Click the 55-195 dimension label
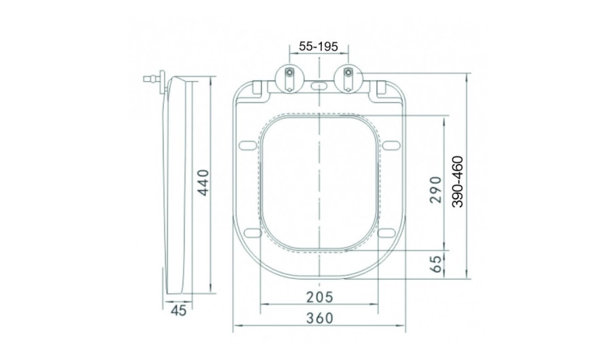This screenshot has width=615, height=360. [318, 46]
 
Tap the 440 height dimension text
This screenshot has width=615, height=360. [203, 182]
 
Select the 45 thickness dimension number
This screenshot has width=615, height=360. [178, 310]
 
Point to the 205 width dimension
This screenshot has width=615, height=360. [319, 297]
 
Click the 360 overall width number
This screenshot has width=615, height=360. [319, 318]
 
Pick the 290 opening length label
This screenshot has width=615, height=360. [435, 190]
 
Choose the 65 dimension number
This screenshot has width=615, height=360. [435, 263]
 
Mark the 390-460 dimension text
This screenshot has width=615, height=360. [457, 182]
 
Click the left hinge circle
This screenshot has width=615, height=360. [289, 78]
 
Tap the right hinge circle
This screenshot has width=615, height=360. [348, 78]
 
